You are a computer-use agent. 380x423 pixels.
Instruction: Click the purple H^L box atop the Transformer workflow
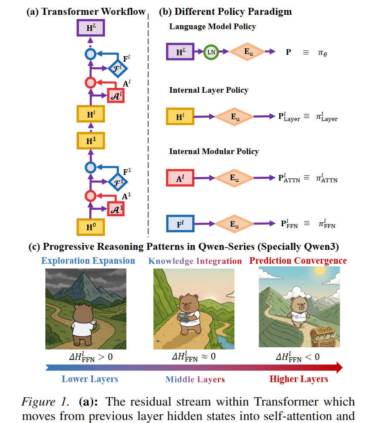click(x=90, y=28)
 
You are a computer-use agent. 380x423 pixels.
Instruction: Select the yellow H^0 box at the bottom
click(x=90, y=227)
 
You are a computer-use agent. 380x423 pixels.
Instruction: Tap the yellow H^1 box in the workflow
click(x=90, y=140)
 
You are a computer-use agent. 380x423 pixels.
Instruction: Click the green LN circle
click(x=210, y=52)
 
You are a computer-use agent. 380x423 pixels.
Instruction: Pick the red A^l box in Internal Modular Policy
click(x=180, y=178)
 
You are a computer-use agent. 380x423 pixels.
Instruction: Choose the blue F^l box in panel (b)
click(x=180, y=224)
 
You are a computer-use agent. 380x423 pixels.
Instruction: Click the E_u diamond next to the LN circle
click(x=247, y=52)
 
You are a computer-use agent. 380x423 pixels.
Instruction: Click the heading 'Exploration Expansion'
click(x=88, y=261)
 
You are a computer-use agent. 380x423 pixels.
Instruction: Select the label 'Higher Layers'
click(x=299, y=379)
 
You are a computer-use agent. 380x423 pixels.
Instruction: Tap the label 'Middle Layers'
click(x=195, y=379)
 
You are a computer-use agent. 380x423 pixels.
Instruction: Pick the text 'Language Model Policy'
click(x=212, y=27)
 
